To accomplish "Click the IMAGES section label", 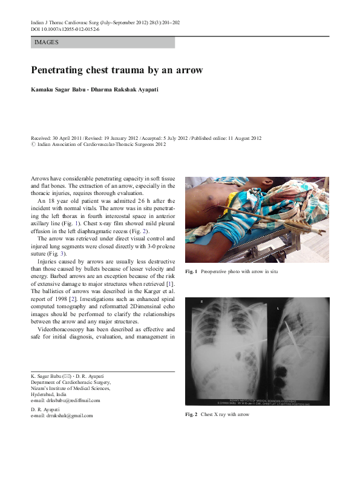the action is (x=47, y=43).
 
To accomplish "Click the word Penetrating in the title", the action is (x=60, y=70).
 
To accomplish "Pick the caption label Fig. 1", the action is (x=191, y=271).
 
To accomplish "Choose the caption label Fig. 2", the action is (x=192, y=415).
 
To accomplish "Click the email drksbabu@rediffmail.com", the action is (x=68, y=400).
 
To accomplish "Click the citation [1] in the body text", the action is (x=171, y=283).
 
